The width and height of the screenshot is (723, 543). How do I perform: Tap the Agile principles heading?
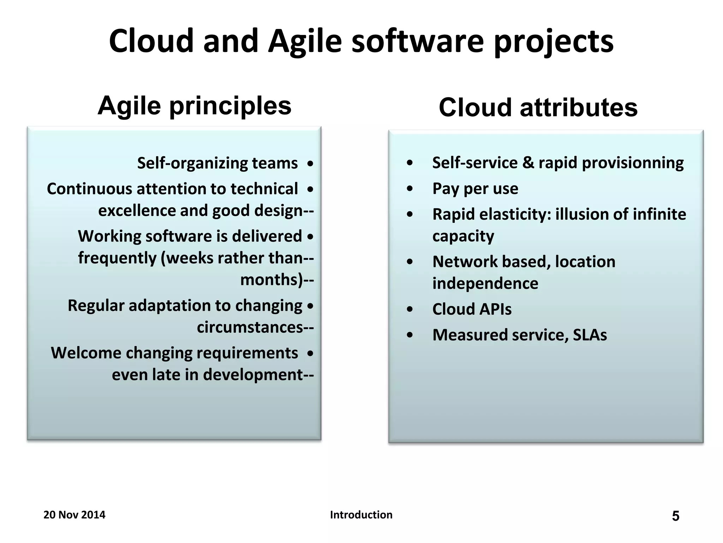point(195,106)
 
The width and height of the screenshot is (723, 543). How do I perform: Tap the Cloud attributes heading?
point(538,107)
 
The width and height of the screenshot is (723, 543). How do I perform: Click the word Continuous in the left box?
point(89,189)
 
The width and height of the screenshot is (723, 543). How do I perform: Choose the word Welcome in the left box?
point(86,353)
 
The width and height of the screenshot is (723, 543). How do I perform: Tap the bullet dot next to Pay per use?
point(410,189)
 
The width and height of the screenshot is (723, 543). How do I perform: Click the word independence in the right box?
point(485,284)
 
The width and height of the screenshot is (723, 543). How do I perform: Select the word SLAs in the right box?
point(590,335)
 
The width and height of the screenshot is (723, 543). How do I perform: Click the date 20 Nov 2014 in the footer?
point(74,515)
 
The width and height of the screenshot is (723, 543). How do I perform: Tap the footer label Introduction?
point(361,515)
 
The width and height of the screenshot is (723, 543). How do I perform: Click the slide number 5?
point(675,516)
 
